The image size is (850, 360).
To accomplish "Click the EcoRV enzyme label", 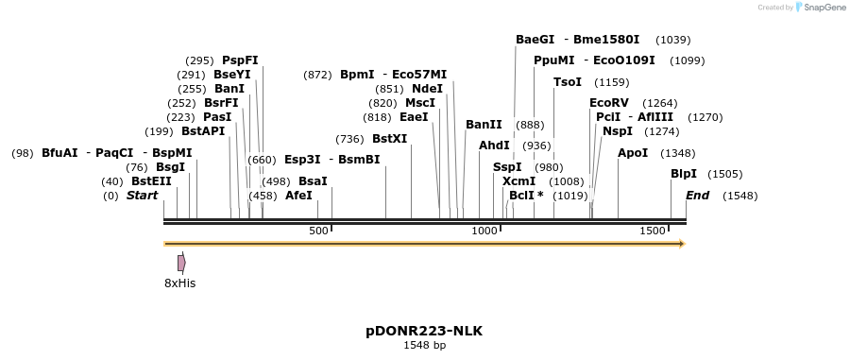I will (608, 102).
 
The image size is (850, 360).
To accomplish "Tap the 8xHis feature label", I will (180, 283).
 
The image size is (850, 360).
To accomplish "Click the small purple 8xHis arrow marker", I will (181, 263).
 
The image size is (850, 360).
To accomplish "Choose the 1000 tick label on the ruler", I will (484, 231).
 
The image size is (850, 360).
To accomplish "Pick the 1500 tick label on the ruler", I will (653, 231).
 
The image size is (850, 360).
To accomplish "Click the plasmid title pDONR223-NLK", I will (424, 331).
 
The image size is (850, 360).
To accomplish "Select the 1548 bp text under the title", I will (424, 345).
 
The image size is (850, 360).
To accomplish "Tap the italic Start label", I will (142, 196).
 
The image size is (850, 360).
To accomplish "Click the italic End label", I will (697, 196).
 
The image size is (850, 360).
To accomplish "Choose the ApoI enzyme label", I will (633, 152).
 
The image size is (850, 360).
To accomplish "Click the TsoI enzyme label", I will (567, 82).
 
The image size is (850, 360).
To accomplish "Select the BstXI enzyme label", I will (389, 138).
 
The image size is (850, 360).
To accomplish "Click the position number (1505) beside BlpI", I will (724, 174).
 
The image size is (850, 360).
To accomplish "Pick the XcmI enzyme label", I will (518, 180).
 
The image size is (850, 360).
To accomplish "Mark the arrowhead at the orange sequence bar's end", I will (680, 244).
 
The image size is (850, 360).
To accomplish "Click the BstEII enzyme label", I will (151, 180).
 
